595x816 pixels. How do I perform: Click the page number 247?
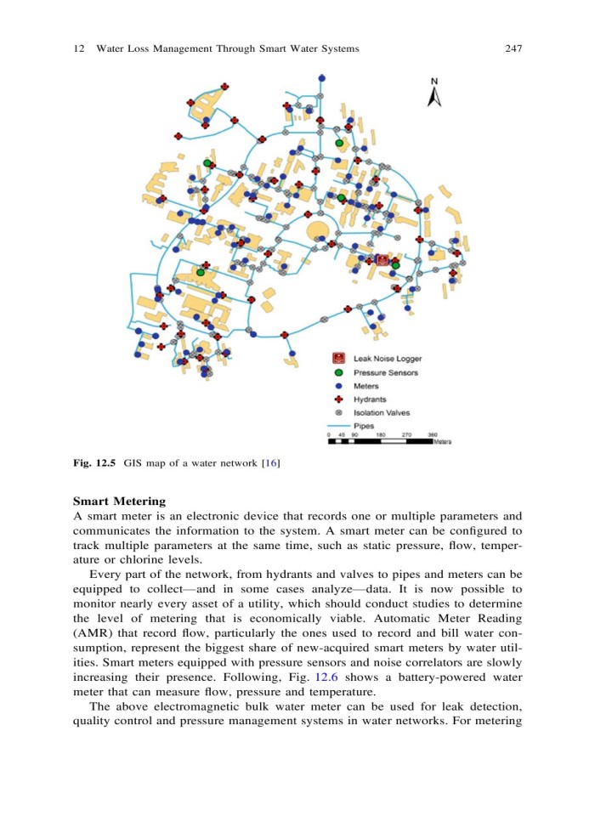pos(512,49)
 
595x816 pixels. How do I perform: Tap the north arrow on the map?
pos(433,93)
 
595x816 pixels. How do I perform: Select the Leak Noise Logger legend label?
pos(387,359)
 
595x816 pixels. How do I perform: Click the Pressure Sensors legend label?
pos(385,372)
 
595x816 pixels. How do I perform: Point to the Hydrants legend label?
pos(370,399)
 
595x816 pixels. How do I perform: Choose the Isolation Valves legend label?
pos(381,413)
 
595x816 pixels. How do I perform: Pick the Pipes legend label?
pos(364,426)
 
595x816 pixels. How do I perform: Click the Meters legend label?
pos(366,386)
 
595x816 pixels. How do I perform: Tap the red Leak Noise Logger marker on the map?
pos(382,261)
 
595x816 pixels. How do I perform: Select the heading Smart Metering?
pos(120,501)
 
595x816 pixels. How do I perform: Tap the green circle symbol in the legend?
pos(338,372)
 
